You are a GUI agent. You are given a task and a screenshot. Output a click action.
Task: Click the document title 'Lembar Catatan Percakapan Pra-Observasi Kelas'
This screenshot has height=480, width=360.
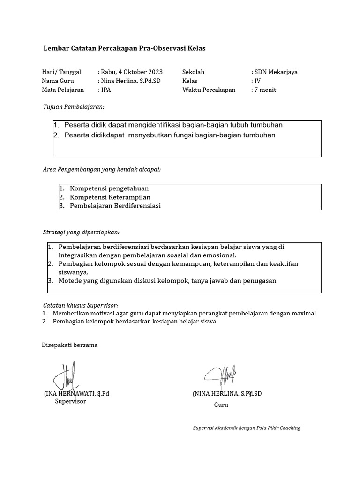(124, 48)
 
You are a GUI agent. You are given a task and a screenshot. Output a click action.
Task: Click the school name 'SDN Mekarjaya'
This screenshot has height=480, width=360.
(276, 72)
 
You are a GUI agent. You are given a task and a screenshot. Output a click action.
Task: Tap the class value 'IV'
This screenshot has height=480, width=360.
(257, 81)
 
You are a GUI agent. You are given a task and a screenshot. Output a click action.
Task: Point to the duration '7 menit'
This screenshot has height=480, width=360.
(265, 90)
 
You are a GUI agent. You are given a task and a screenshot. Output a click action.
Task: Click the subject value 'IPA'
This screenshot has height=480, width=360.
(106, 90)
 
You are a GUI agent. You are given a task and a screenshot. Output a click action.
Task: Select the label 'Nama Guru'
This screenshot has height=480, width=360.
(58, 81)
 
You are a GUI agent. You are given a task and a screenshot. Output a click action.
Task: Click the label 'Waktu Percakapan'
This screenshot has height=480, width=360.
(209, 90)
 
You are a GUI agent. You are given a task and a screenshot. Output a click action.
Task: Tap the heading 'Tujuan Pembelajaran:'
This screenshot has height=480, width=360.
(74, 107)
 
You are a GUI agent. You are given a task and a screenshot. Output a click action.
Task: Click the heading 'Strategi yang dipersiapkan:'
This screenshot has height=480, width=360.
(81, 232)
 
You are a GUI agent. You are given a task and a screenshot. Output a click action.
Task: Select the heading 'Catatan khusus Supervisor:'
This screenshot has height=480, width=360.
(81, 305)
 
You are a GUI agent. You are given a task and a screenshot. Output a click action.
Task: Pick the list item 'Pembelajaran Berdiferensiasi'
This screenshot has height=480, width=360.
(115, 206)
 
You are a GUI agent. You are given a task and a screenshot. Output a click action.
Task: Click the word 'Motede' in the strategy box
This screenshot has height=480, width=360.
(69, 281)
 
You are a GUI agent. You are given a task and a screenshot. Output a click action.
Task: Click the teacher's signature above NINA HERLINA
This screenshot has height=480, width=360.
(220, 374)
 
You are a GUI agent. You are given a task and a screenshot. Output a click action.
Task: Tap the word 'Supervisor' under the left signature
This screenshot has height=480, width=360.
(70, 402)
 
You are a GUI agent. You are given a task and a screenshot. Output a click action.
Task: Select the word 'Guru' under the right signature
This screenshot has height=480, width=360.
(221, 405)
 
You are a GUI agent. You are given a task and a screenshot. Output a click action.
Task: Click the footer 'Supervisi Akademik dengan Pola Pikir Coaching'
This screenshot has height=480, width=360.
(247, 428)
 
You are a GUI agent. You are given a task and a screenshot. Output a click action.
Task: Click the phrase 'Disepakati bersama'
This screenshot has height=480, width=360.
(70, 345)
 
